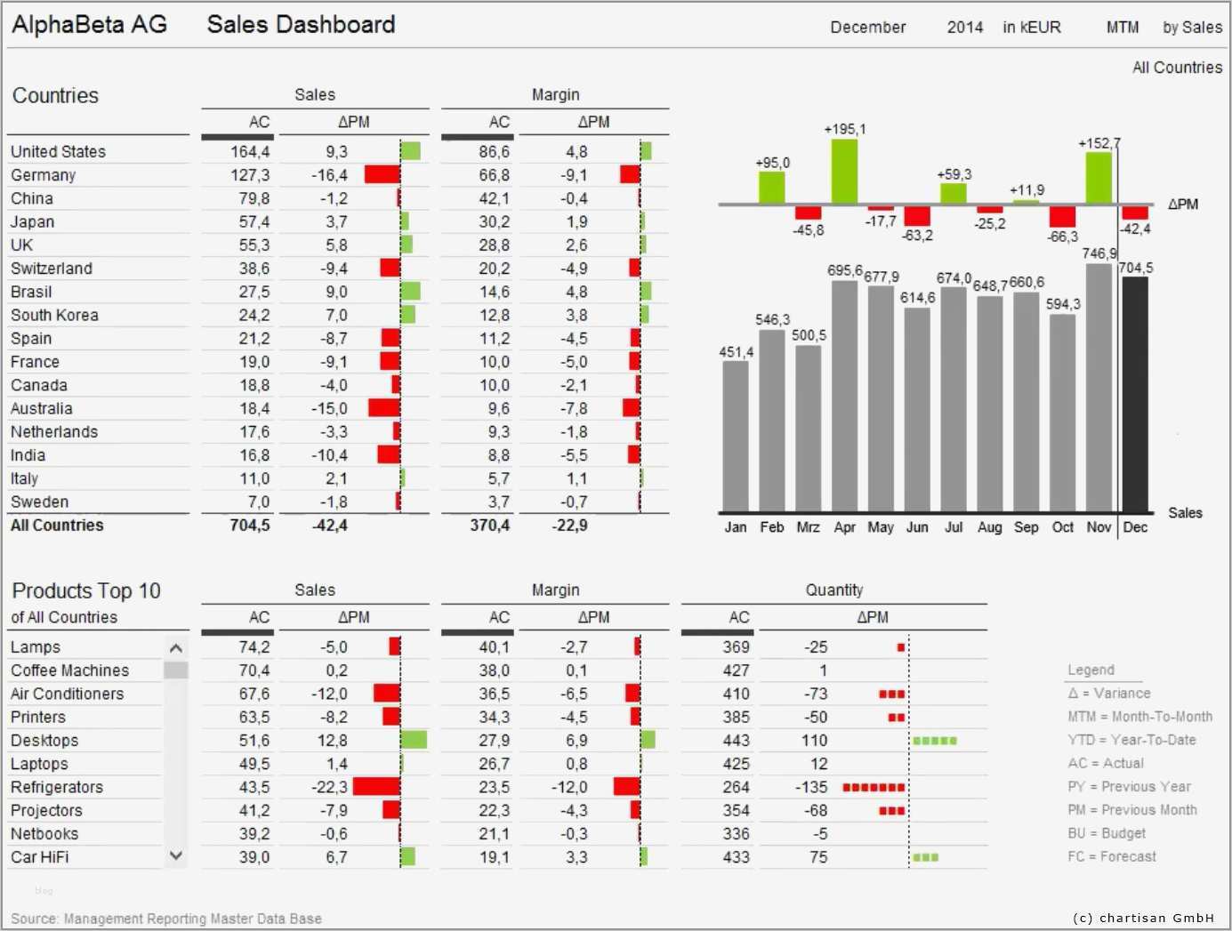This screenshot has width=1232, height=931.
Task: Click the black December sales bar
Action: [1134, 394]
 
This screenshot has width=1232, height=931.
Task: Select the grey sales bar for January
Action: [736, 436]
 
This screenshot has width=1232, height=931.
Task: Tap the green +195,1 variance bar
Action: [844, 172]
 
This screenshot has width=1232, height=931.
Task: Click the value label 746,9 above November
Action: [1099, 253]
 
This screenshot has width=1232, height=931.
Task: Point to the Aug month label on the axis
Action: [989, 527]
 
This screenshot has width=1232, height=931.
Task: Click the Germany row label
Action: [43, 175]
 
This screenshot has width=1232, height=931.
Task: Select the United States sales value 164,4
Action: [250, 152]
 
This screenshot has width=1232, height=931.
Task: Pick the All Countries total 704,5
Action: [249, 526]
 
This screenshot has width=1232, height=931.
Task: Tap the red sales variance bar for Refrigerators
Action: [376, 787]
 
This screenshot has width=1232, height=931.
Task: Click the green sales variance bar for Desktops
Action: [414, 740]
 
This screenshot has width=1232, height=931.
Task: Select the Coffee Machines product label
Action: [69, 670]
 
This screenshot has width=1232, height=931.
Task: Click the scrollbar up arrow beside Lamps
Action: [176, 648]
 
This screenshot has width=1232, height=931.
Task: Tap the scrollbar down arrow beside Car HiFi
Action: [176, 855]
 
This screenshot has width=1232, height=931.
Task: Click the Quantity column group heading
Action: [833, 590]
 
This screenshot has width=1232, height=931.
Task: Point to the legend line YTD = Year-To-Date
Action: [1131, 740]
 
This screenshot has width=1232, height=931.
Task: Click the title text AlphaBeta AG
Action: [89, 25]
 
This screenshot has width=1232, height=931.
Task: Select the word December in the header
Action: [867, 28]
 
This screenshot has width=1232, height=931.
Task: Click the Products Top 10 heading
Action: [86, 590]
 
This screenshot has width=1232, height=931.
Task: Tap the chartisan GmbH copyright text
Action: [1143, 918]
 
